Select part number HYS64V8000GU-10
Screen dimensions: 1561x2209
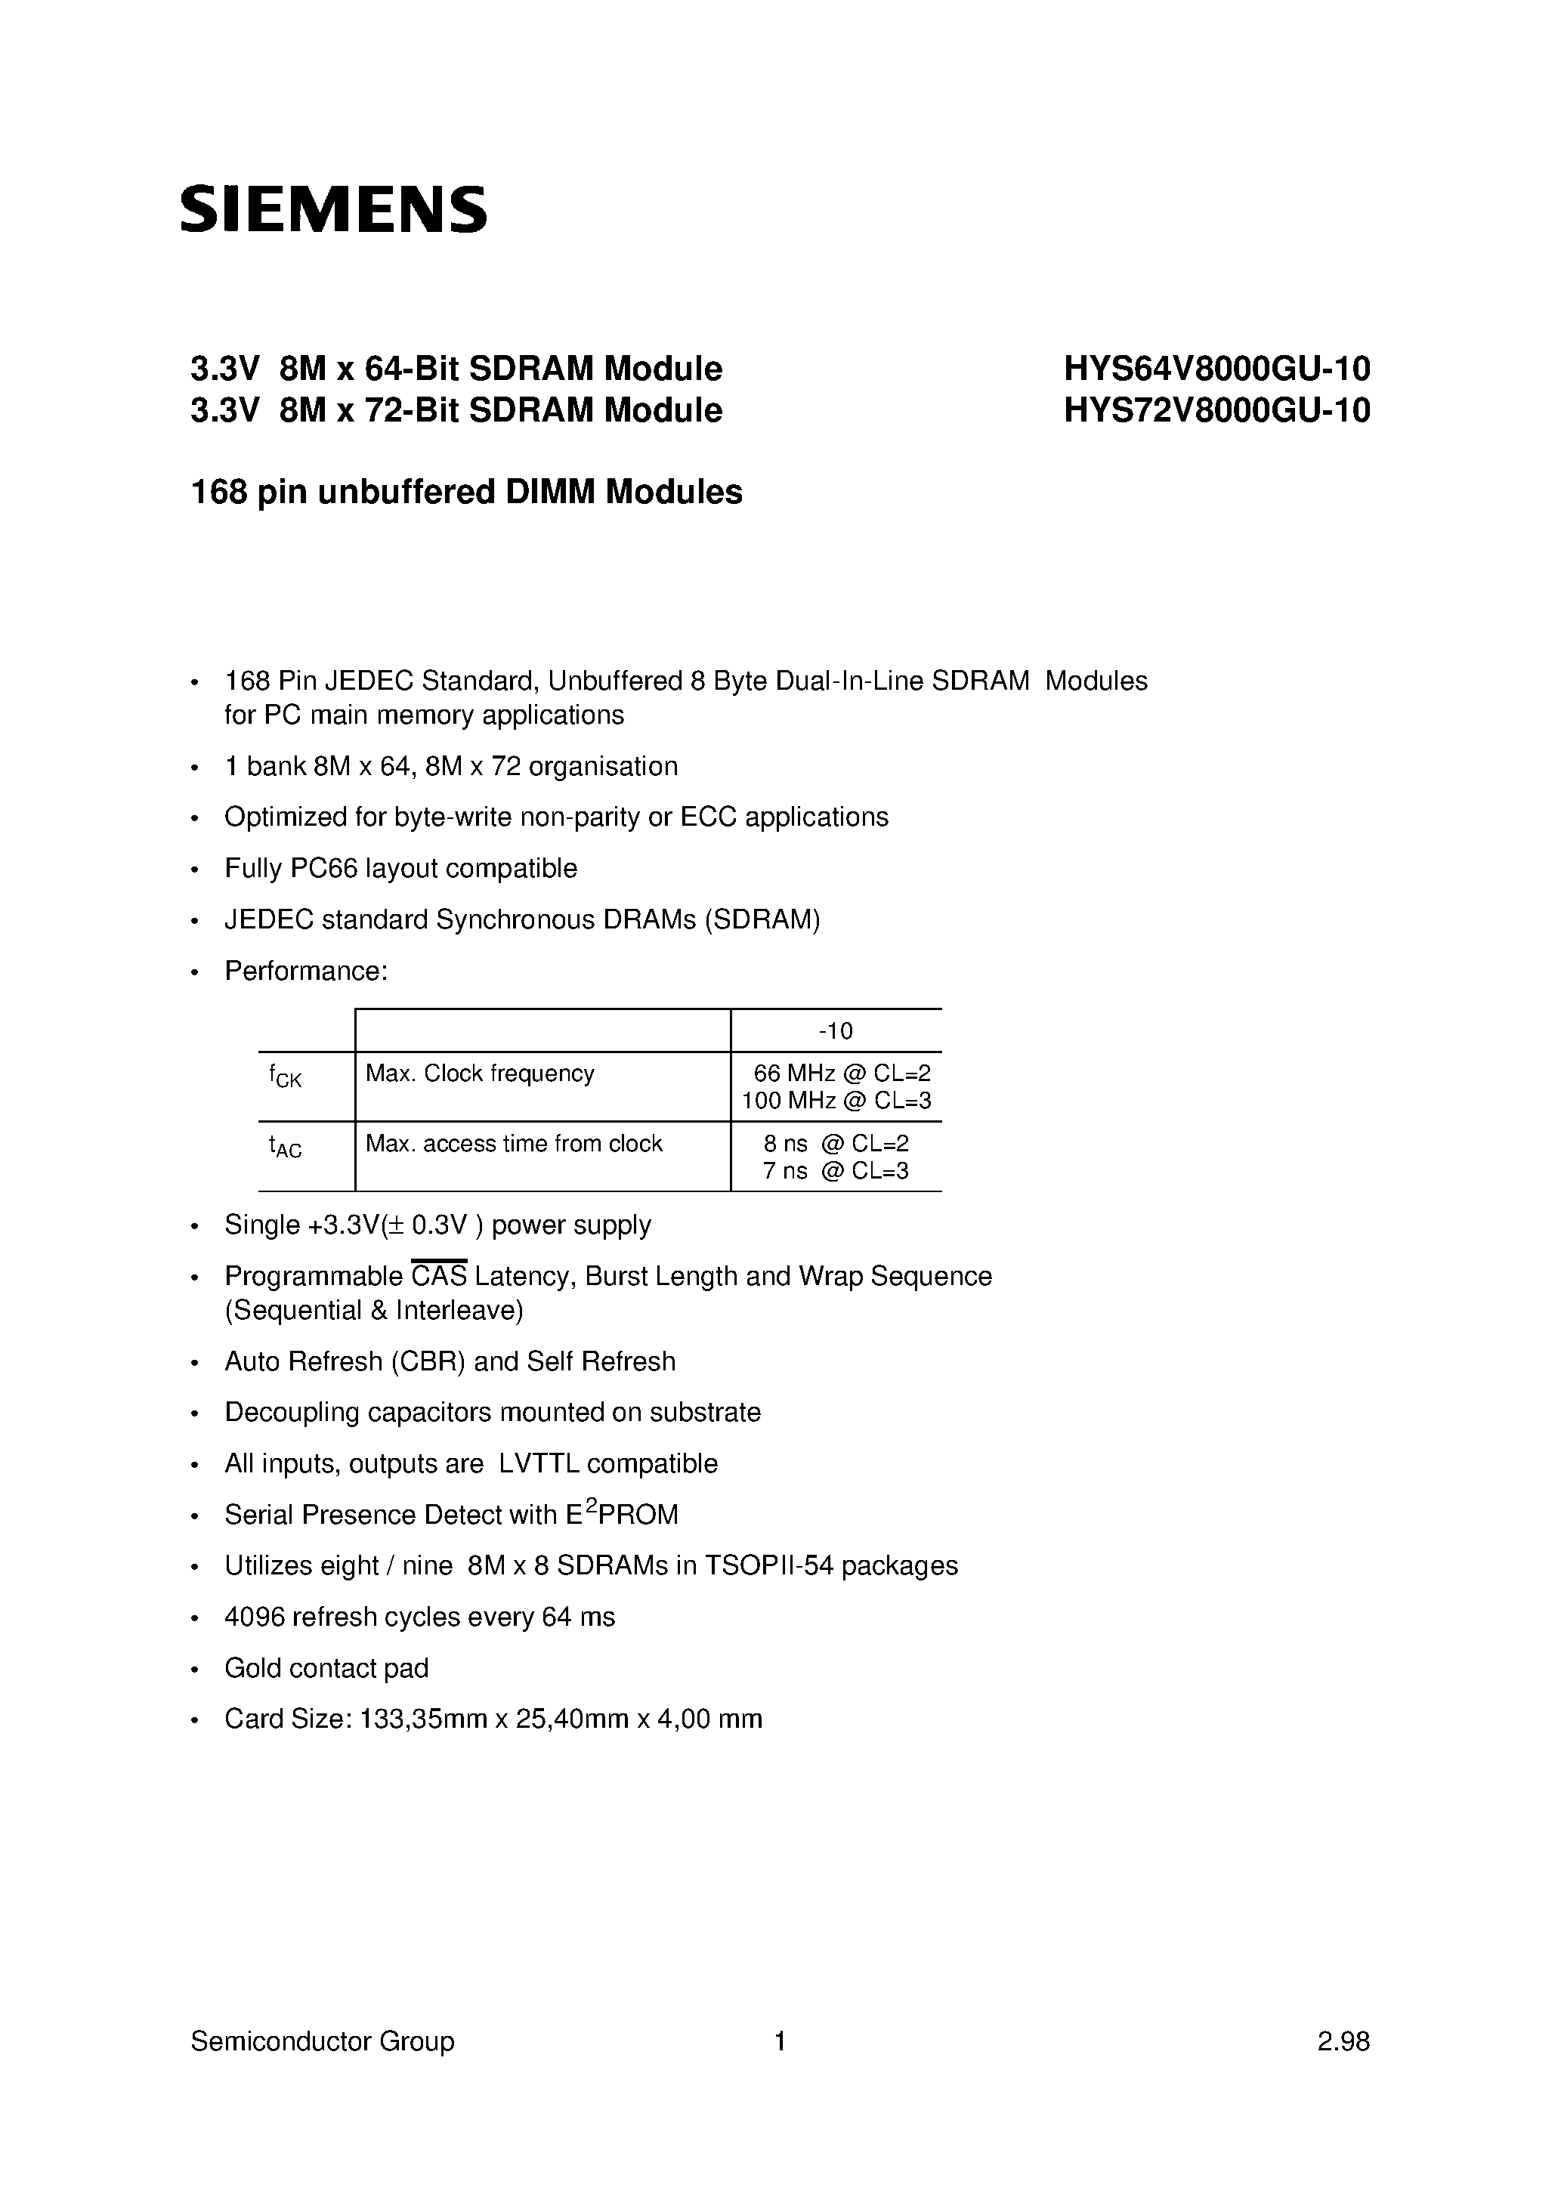coord(1216,369)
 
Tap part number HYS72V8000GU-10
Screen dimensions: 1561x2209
coord(1216,411)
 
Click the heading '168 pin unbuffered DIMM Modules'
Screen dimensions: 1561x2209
coord(467,493)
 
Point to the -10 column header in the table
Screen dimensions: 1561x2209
coord(836,1031)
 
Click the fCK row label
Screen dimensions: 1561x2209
coord(285,1076)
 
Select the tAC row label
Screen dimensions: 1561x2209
coord(285,1146)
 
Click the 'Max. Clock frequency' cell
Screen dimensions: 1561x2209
coord(479,1074)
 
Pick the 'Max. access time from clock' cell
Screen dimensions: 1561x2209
coord(514,1144)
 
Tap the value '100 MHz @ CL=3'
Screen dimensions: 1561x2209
coord(836,1101)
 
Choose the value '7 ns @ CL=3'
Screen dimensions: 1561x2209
coord(836,1171)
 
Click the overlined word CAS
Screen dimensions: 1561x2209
coord(439,1277)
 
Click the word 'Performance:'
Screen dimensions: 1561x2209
coord(306,971)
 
